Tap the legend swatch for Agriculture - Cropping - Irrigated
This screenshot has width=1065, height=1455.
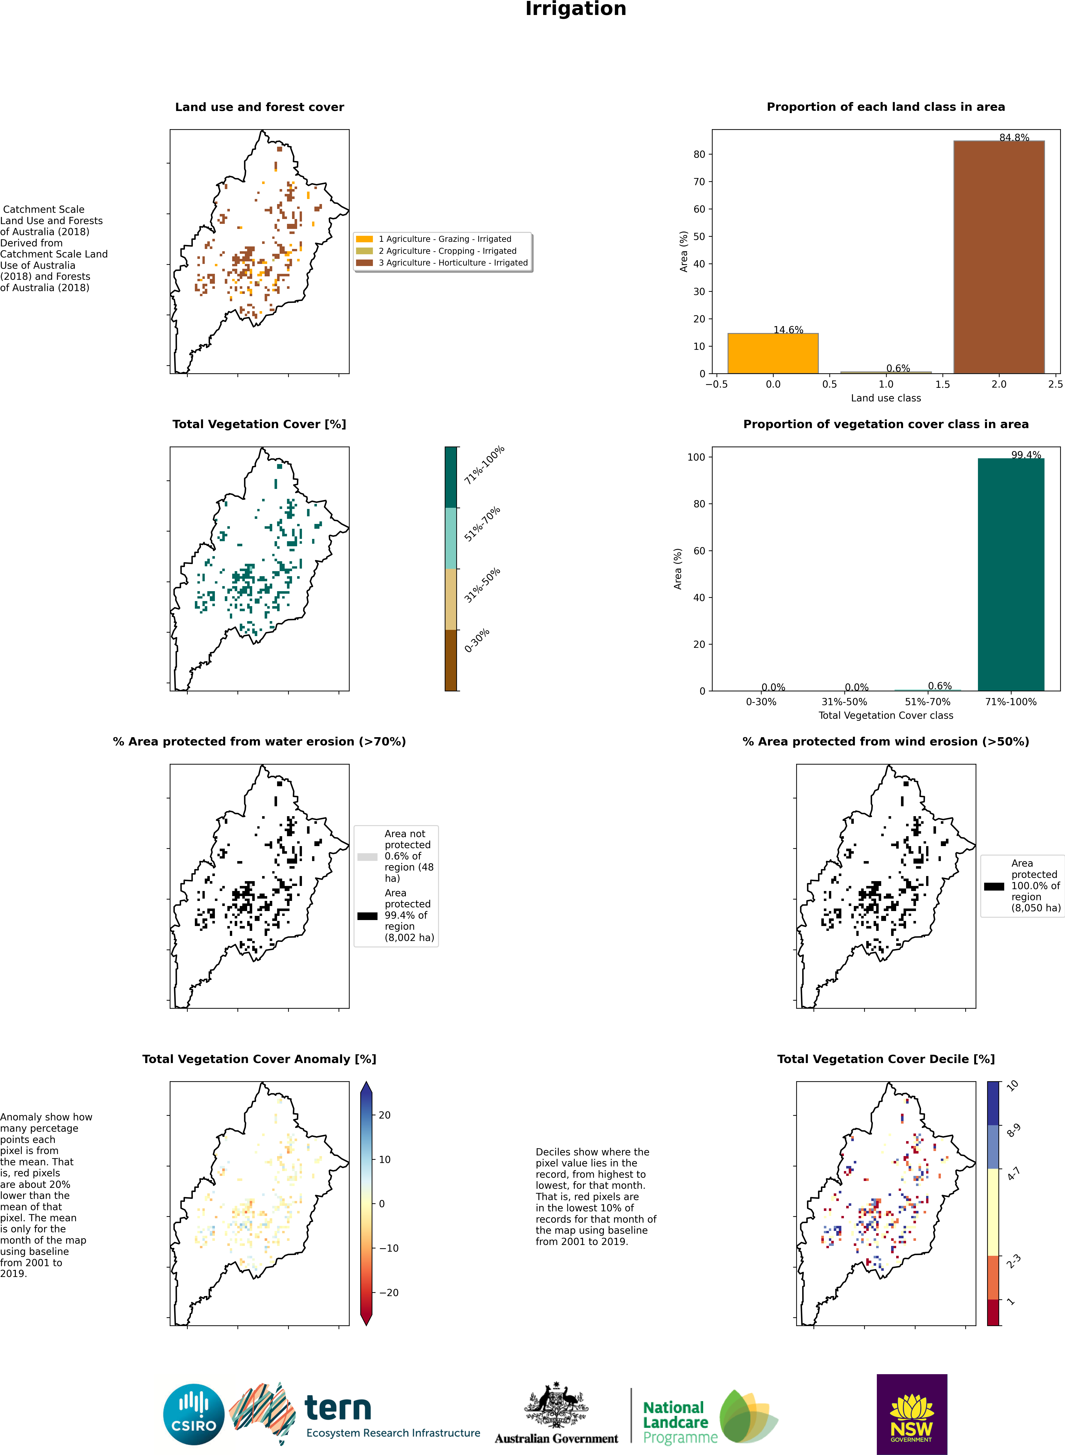(x=364, y=251)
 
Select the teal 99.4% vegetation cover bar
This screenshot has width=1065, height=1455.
(x=1010, y=574)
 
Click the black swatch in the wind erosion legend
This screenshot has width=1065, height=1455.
(x=993, y=886)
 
